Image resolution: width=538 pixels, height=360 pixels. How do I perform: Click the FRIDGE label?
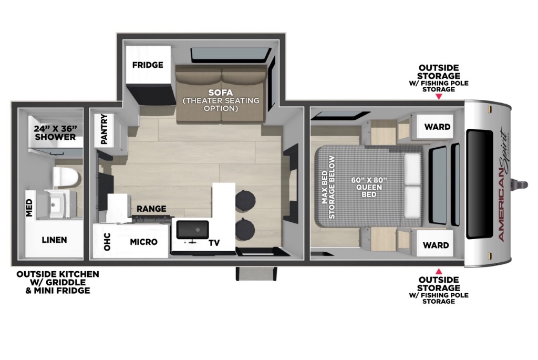point(148,65)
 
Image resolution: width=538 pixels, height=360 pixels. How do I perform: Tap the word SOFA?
point(221,92)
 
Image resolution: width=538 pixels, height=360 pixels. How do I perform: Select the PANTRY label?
point(105,129)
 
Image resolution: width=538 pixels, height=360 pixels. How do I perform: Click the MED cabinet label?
point(29,208)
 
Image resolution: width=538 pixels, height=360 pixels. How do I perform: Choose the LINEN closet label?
point(54,240)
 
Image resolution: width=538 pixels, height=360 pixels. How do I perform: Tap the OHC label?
point(107,242)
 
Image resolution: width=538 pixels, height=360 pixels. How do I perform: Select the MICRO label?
point(144,242)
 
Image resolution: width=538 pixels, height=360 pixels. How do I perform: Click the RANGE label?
point(151,209)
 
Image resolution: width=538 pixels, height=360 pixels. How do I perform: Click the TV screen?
point(192,230)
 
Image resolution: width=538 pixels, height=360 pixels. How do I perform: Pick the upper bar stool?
point(245,199)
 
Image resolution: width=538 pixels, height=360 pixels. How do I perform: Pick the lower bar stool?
point(245,228)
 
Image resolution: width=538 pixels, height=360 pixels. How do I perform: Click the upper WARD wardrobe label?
point(437,127)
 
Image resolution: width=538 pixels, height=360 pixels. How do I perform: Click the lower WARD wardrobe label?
point(436,245)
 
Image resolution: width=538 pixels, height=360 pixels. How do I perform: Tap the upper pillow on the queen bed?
point(412,169)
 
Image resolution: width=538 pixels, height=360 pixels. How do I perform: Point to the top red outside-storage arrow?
point(439,97)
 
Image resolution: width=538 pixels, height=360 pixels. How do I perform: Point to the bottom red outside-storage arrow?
point(439,271)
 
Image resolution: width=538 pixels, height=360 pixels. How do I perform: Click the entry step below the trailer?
point(256,274)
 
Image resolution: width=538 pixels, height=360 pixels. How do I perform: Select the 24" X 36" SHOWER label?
point(55,133)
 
